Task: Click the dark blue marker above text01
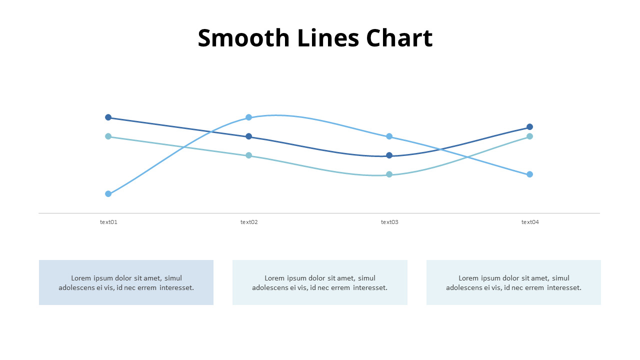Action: coord(108,117)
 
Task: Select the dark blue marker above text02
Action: coord(248,136)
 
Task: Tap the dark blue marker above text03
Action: coord(389,155)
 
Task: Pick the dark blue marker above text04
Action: coord(529,127)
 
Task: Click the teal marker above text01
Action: coord(108,136)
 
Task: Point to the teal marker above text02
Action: coord(248,155)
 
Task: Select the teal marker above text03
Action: coord(389,174)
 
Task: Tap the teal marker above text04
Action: coord(529,136)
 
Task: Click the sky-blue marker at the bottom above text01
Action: coord(108,194)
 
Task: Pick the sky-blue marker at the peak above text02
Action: coord(248,117)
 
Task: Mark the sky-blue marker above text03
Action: coord(389,136)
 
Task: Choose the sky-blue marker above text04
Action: coord(529,174)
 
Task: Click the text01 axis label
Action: coord(108,222)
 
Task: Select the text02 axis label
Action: coord(249,222)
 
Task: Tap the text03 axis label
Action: coord(389,222)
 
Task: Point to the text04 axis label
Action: coord(530,222)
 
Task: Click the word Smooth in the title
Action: coord(243,38)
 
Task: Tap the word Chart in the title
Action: coord(399,38)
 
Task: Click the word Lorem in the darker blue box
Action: coord(81,278)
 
